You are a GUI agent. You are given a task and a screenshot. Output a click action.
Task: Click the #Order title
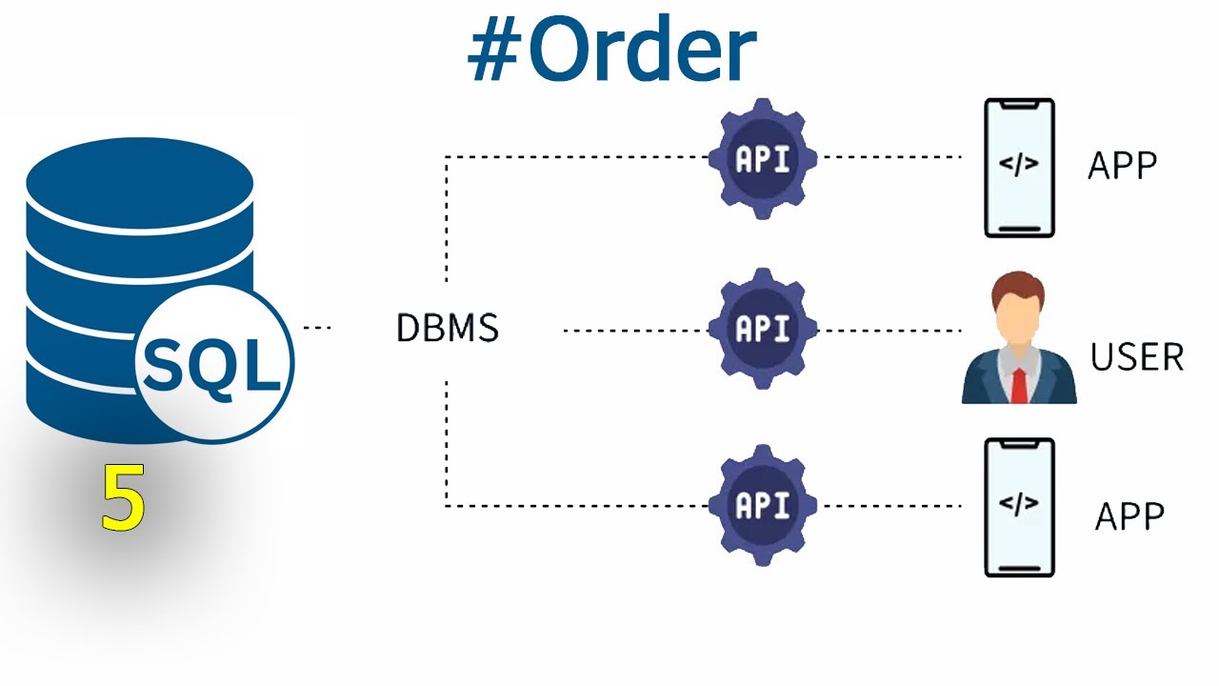pos(612,48)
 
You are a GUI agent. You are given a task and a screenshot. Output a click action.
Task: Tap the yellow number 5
pos(124,497)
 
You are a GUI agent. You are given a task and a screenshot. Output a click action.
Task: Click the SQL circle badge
pos(214,363)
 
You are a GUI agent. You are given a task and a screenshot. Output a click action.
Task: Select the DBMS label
pos(448,328)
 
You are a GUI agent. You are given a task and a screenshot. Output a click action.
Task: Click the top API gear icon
pos(763,159)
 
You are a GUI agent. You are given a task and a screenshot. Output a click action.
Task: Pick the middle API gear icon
pos(763,329)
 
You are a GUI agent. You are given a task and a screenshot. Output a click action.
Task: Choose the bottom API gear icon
pos(763,505)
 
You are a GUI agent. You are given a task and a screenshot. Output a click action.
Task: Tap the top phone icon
pos(1019,168)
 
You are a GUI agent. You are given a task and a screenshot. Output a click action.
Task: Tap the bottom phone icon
pos(1019,508)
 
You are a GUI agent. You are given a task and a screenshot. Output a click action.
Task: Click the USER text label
pos(1137,357)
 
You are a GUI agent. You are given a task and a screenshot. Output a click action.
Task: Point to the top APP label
pos(1122,166)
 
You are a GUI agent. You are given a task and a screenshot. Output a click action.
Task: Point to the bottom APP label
pos(1129,515)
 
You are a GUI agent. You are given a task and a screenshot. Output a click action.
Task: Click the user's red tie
pos(1019,386)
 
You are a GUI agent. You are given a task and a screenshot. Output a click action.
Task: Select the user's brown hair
pos(1018,287)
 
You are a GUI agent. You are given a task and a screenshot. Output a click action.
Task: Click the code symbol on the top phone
pos(1019,163)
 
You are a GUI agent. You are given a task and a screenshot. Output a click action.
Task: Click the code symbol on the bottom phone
pos(1019,502)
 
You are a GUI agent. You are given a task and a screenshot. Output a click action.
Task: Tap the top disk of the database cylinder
pos(140,182)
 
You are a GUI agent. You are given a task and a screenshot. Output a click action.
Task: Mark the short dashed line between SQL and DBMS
pos(317,328)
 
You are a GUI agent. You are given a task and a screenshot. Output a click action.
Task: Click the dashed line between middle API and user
pos(889,331)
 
